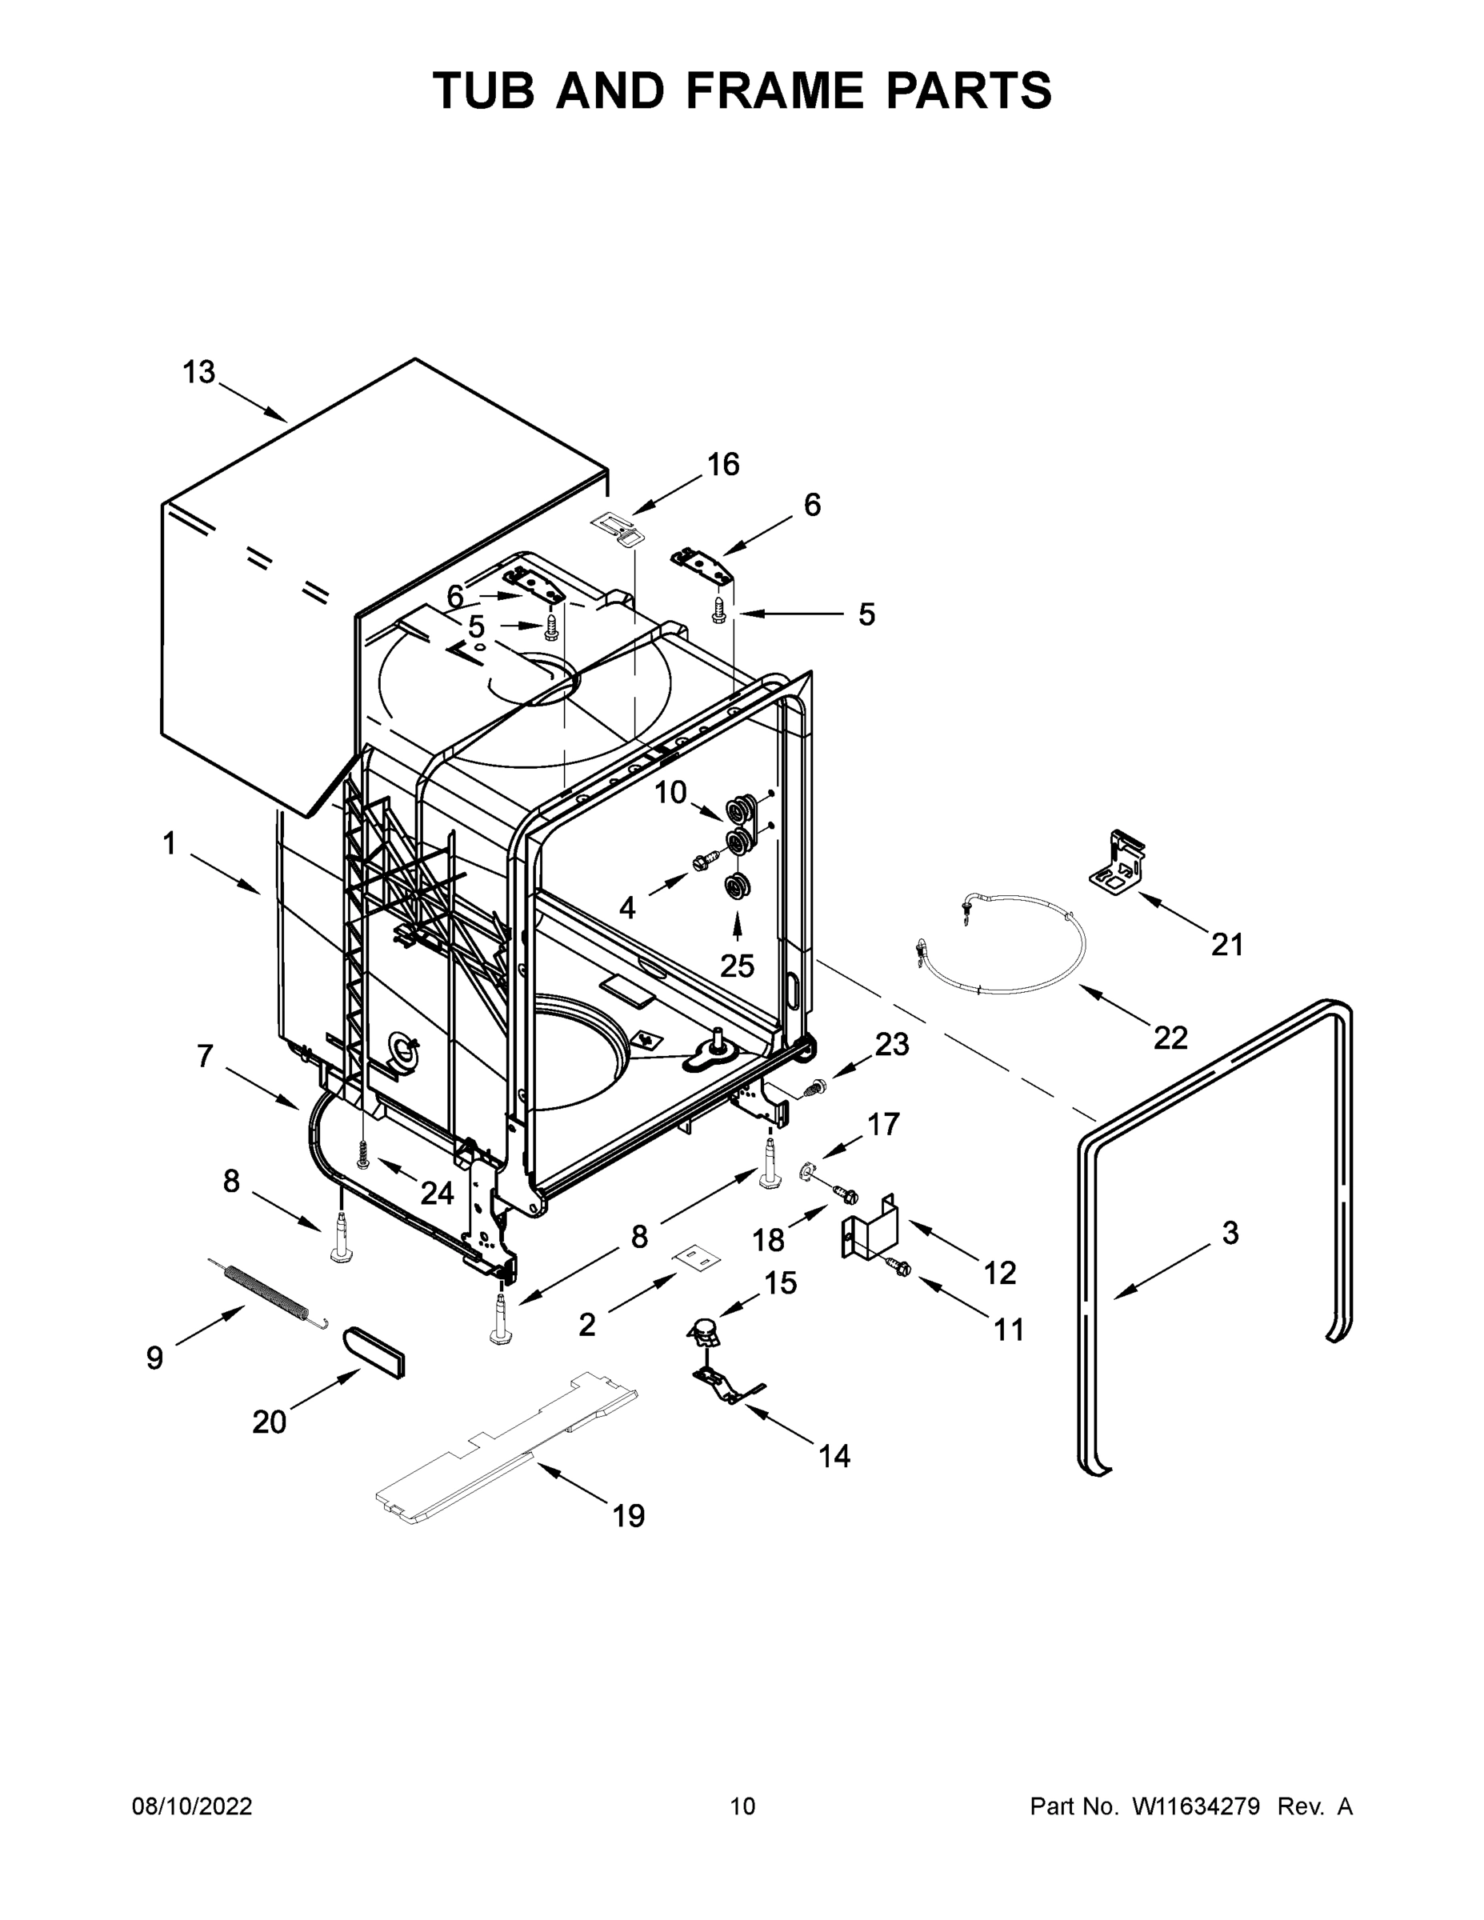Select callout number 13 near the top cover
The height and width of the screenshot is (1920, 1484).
point(198,373)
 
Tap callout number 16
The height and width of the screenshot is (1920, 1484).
point(722,464)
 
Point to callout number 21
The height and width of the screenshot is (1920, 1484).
point(1227,945)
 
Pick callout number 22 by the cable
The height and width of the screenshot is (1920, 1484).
point(1170,1038)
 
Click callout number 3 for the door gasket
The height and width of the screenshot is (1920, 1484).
point(1230,1233)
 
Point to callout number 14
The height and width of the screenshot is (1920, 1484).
point(834,1457)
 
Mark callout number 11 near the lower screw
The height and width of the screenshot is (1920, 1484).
point(1008,1330)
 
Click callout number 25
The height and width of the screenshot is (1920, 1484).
point(737,966)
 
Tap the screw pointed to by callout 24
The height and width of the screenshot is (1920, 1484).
point(362,1152)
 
